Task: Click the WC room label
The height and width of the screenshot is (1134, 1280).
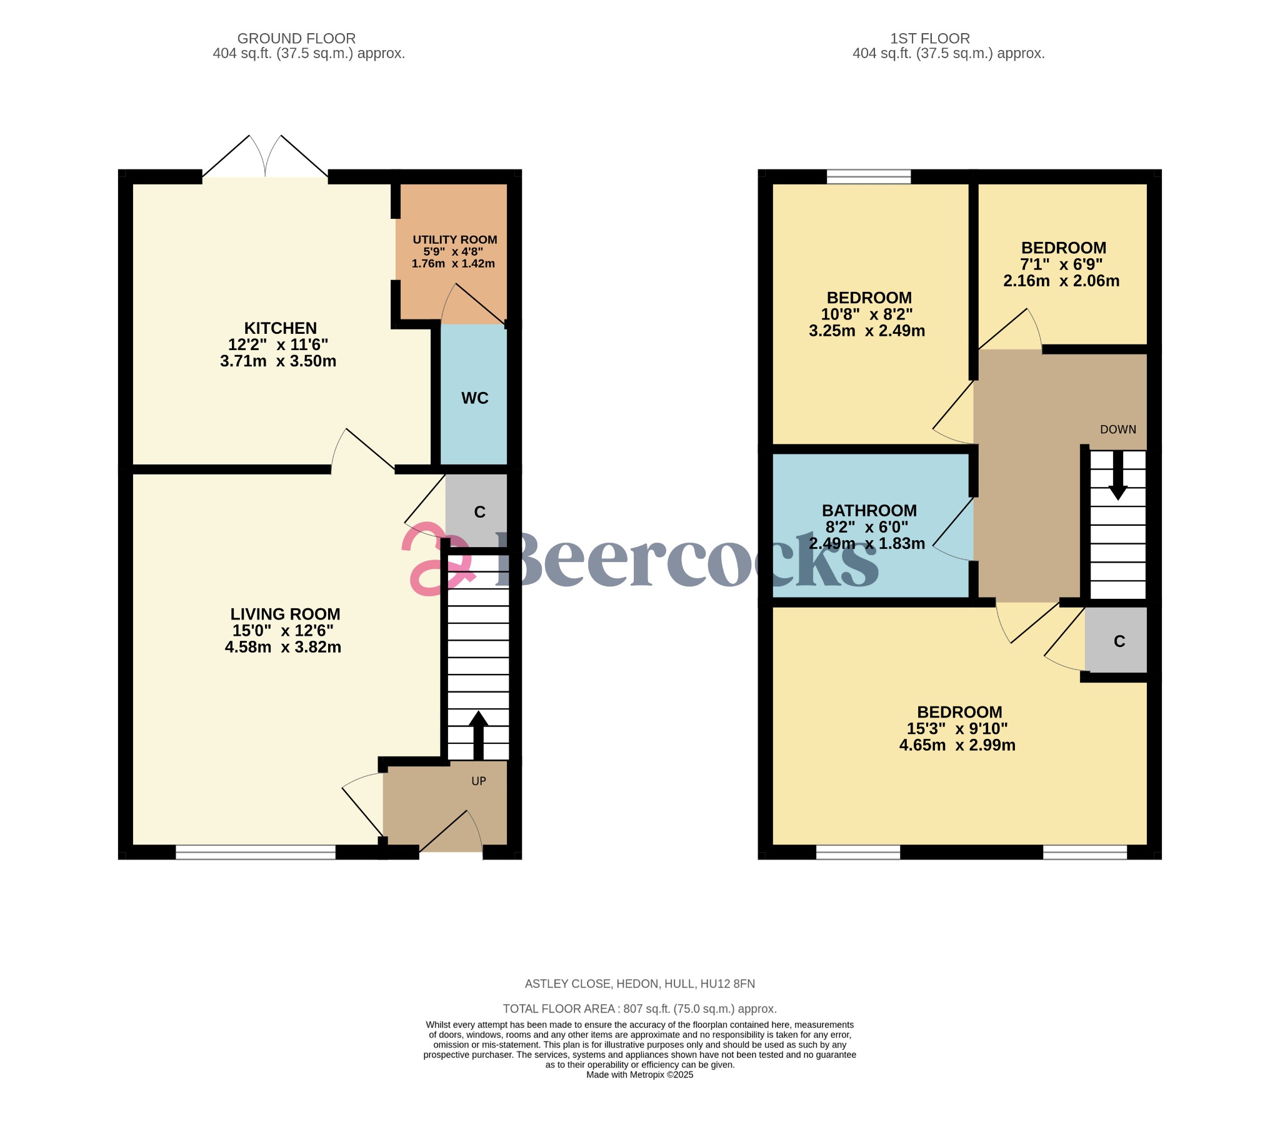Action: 474,398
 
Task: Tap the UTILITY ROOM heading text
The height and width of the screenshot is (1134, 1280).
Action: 454,240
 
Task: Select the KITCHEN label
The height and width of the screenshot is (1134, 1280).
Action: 280,328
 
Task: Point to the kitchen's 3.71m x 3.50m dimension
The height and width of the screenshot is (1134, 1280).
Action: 278,361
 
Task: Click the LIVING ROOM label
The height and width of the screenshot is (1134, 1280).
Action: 285,615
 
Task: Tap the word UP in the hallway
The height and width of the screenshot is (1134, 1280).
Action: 478,781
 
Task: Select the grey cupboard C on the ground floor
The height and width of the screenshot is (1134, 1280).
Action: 479,513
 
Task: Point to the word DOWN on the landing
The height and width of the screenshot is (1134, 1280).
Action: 1117,430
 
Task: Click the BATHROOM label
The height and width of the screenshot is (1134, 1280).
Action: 869,511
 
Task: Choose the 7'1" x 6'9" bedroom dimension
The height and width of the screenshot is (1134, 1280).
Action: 1061,265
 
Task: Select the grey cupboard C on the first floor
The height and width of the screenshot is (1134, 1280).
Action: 1119,641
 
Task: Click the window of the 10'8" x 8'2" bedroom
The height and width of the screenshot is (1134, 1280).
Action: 869,177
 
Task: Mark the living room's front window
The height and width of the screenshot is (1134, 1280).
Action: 256,852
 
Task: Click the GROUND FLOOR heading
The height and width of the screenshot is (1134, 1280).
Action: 296,39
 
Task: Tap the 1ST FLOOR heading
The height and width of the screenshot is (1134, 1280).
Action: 930,39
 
